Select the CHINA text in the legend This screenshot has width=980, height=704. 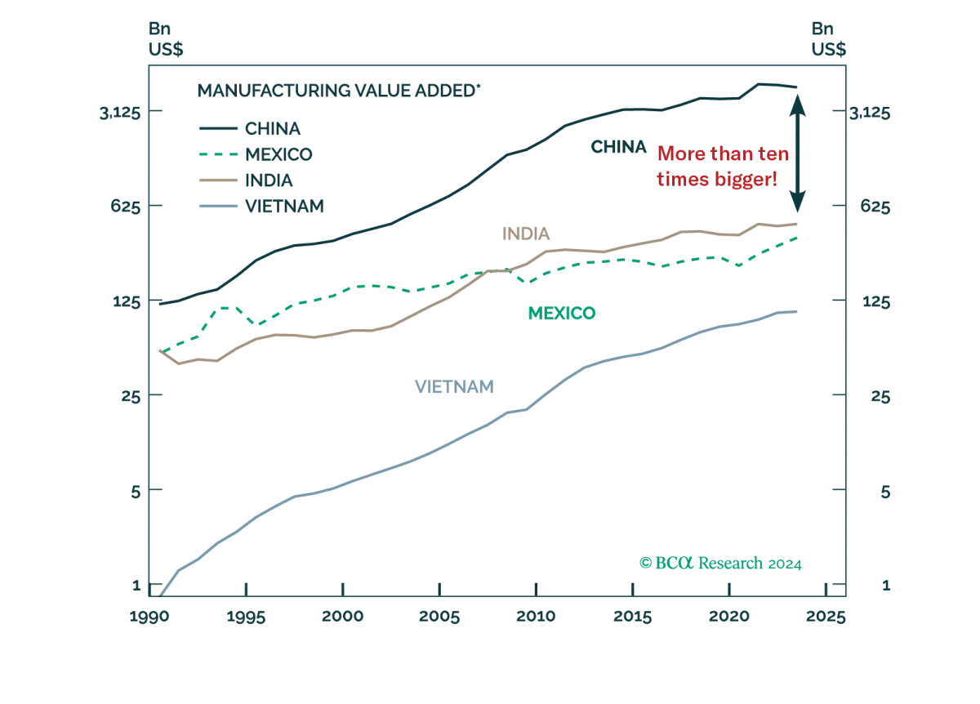[x=274, y=127]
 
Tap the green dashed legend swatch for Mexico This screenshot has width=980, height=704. [x=216, y=153]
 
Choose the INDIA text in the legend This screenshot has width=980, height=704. [x=268, y=179]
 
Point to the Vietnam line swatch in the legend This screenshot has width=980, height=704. [x=216, y=204]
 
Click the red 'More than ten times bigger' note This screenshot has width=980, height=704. [x=718, y=167]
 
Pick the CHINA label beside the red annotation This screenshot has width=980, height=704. [x=617, y=148]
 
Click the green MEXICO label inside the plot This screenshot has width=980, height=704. [x=562, y=312]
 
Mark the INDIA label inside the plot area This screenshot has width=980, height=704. [x=529, y=234]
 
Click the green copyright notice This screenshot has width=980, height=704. [x=719, y=564]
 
